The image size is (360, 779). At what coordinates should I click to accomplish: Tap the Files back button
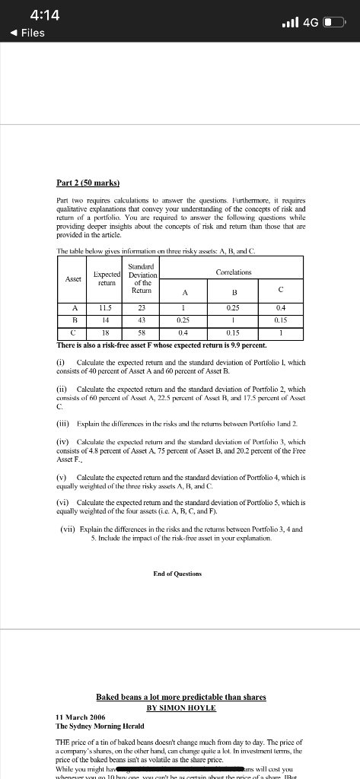[27, 33]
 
